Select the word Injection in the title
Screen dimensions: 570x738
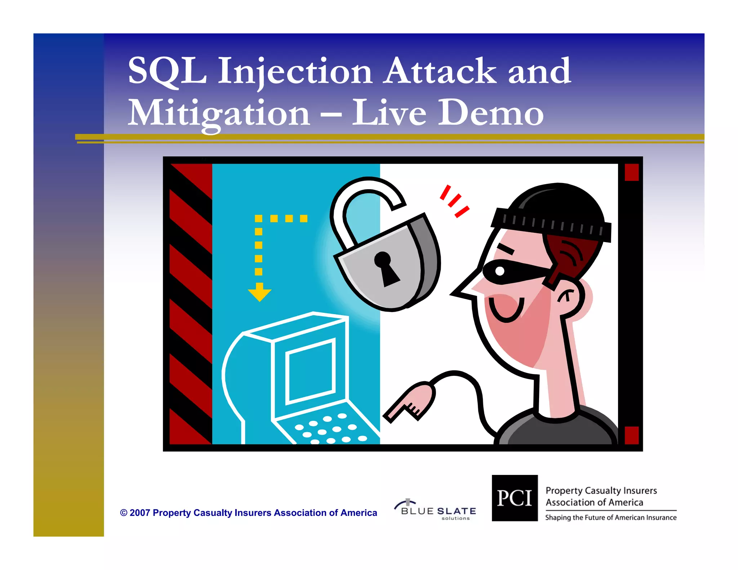(295, 72)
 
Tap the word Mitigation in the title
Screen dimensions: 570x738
(219, 113)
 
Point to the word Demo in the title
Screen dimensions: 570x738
(490, 113)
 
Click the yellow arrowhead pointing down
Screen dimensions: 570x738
(259, 293)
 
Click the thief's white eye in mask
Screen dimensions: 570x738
(500, 271)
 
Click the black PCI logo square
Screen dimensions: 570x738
(515, 498)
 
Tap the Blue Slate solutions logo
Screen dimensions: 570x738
(436, 510)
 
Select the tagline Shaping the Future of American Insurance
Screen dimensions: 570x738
(610, 518)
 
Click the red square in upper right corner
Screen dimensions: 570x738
(631, 172)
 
